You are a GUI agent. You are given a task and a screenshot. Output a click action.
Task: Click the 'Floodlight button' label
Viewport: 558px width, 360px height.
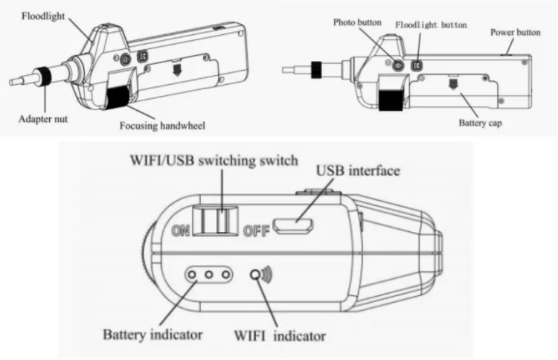[431, 25]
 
